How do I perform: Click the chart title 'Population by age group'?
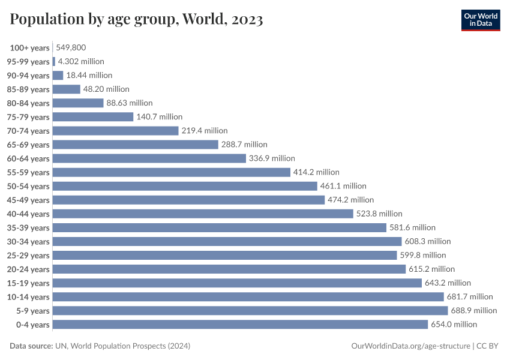click(x=136, y=20)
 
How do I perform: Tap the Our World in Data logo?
click(x=480, y=19)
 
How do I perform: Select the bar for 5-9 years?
click(x=250, y=311)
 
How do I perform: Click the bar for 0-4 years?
click(x=240, y=325)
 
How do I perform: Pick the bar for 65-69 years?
click(x=136, y=145)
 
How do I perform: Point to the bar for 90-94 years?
click(x=58, y=76)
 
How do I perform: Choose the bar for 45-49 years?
click(x=188, y=200)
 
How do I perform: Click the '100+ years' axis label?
click(x=29, y=48)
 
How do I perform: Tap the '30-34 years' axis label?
click(x=28, y=242)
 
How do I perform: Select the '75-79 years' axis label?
click(x=28, y=118)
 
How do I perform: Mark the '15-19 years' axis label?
click(x=28, y=283)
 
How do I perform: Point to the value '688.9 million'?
click(x=474, y=311)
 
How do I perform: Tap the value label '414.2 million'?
click(x=316, y=172)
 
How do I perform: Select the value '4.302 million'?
click(x=81, y=61)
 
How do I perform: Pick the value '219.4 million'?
click(x=205, y=131)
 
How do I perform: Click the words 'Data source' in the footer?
click(x=31, y=346)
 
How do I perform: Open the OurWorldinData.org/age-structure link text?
click(x=410, y=346)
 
